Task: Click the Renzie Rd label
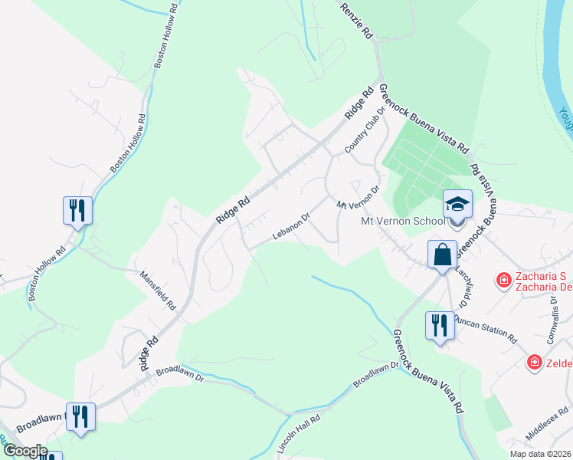click(x=357, y=20)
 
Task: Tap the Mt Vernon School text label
click(x=402, y=222)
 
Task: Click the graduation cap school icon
click(x=457, y=205)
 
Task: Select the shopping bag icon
click(x=443, y=255)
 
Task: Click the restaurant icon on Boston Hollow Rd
click(x=77, y=210)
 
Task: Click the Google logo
click(x=25, y=451)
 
